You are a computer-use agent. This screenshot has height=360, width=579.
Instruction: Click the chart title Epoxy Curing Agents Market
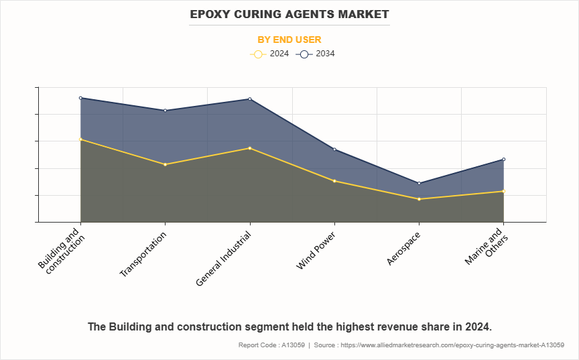point(289,13)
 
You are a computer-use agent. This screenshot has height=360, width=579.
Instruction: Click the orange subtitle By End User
point(289,40)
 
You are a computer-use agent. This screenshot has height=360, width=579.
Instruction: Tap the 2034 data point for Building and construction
point(80,98)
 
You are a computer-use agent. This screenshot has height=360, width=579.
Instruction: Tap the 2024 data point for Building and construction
point(80,139)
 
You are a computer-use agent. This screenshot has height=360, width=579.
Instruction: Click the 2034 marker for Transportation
point(165,111)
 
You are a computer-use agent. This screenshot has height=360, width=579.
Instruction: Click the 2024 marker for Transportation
point(165,164)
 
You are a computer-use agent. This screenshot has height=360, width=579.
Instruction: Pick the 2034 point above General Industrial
point(250,99)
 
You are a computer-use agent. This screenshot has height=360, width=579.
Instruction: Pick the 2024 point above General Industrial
point(250,148)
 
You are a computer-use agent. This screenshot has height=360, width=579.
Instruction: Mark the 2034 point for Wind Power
point(334,149)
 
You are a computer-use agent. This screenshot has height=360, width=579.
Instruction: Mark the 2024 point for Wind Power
point(334,181)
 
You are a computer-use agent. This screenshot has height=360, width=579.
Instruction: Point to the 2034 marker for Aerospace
point(419,183)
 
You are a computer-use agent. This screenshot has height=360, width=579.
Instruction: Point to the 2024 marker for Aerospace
point(419,199)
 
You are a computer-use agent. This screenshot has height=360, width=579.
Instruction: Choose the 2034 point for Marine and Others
point(503,160)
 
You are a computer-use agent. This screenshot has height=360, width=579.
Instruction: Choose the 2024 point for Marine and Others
point(503,192)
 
